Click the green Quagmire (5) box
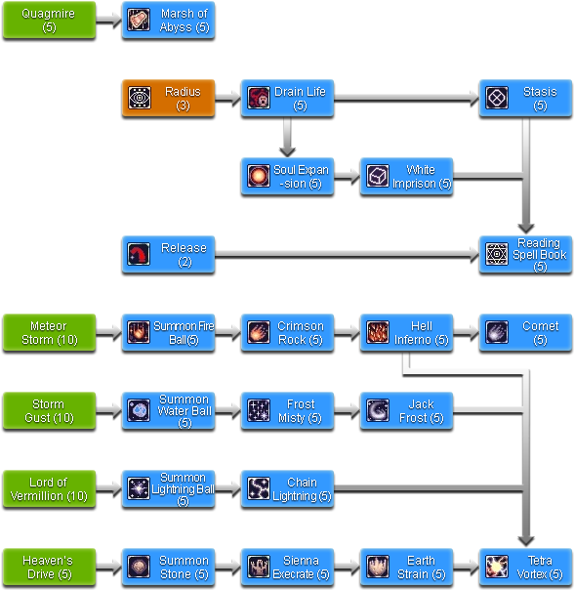(49, 20)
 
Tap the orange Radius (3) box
(167, 98)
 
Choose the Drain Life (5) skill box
(287, 98)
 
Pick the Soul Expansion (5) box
(287, 176)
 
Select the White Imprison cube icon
(378, 176)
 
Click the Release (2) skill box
(167, 254)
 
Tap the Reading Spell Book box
(525, 254)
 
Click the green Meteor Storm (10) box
(49, 332)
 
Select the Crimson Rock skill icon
(259, 332)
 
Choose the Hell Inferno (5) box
(406, 332)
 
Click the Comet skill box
(525, 332)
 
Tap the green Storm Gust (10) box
(49, 410)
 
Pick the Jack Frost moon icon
(378, 411)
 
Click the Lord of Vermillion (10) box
(49, 488)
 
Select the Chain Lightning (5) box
(287, 488)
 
